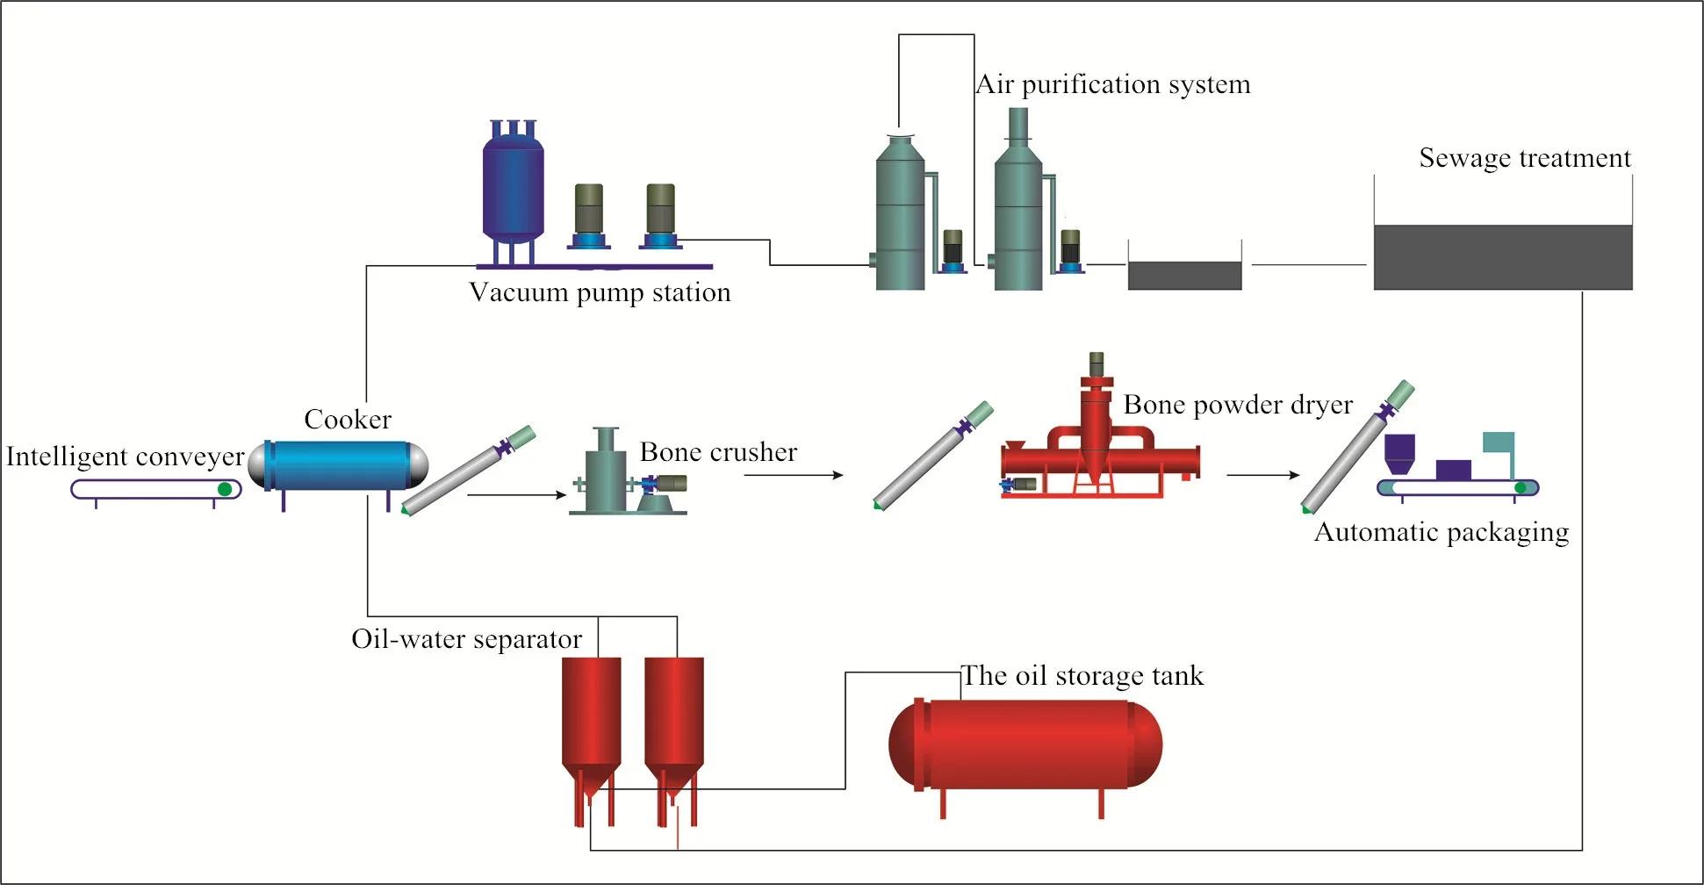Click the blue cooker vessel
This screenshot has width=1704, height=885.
(x=338, y=465)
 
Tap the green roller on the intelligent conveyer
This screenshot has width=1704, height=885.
(x=225, y=489)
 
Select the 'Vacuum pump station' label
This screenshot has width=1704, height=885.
(x=600, y=292)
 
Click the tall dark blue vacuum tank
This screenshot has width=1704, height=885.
(x=513, y=189)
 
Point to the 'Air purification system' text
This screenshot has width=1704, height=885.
(x=1113, y=84)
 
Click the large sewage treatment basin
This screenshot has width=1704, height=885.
(x=1502, y=256)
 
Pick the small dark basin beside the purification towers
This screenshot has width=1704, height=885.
(x=1184, y=275)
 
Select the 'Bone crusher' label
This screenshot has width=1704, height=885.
(x=718, y=452)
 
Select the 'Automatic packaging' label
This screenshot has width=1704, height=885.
(x=1441, y=532)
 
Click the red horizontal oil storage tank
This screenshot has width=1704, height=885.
(x=1025, y=745)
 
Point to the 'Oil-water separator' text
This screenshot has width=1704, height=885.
(x=466, y=639)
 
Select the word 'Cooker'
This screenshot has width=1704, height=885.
(x=348, y=420)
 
